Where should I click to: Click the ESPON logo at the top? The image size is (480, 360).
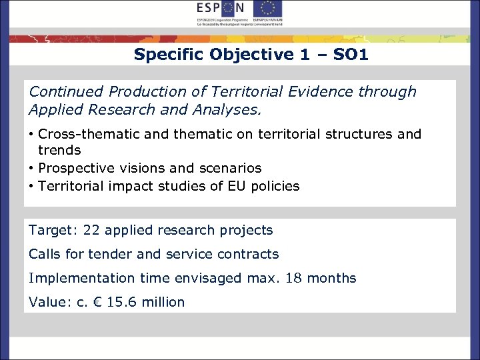pyautogui.click(x=221, y=9)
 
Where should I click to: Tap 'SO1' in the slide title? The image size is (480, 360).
pyautogui.click(x=350, y=55)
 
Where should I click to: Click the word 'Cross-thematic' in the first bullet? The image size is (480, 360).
pyautogui.click(x=85, y=134)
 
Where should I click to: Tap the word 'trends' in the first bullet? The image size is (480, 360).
pyautogui.click(x=59, y=151)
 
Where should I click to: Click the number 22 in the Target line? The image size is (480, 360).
pyautogui.click(x=93, y=231)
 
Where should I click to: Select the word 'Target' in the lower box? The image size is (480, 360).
pyautogui.click(x=51, y=231)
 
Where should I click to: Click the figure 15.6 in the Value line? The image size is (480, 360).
pyautogui.click(x=122, y=302)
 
